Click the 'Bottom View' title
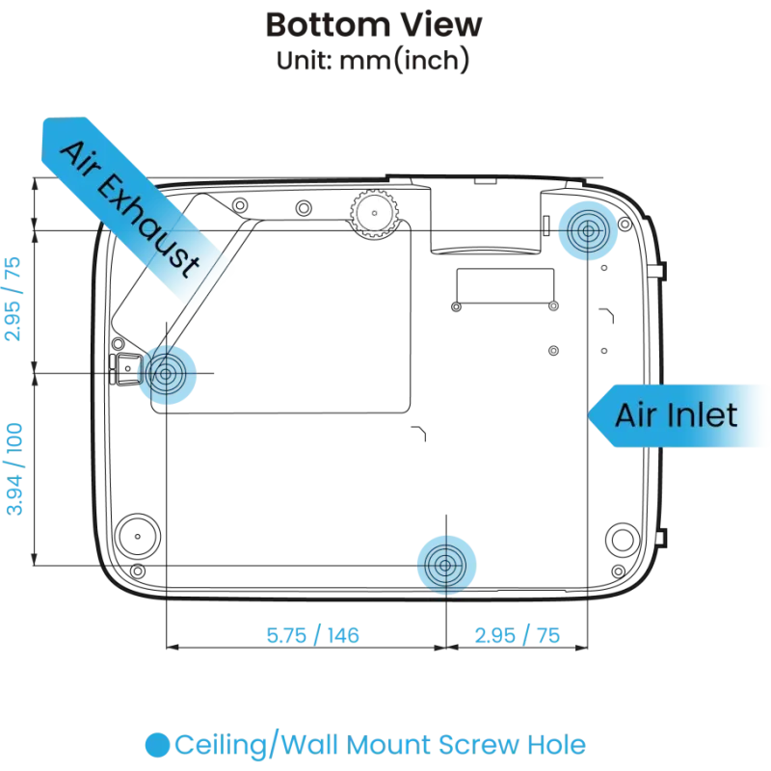coord(374,25)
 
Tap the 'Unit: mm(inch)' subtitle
coord(373,60)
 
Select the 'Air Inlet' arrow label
coord(677,415)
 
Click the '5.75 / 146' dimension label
coord(312,635)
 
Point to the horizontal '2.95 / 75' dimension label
coord(518,635)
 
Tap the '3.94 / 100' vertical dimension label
coord(14,469)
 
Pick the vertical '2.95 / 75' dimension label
coord(13,299)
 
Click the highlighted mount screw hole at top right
coord(588,230)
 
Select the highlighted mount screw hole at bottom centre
coord(446,566)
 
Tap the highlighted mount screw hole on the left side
coord(166,375)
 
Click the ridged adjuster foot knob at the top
coord(374,213)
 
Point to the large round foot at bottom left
coord(137,536)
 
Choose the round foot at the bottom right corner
coord(623,540)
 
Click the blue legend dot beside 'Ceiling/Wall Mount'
coord(157,745)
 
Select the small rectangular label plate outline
coord(505,286)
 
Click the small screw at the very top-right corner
coord(625,225)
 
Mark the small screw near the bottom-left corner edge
coord(138,571)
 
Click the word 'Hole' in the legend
coord(557,745)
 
